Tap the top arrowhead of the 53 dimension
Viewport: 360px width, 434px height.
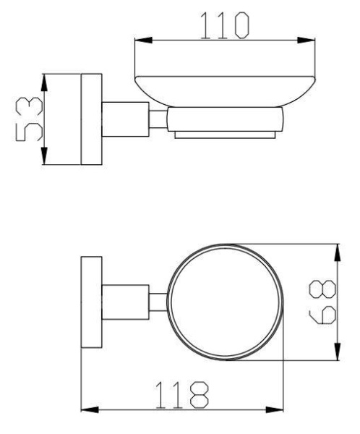[46, 79]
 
